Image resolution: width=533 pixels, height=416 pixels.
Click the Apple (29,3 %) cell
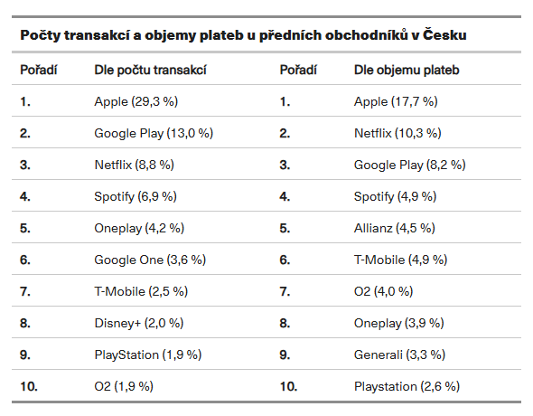tap(136, 101)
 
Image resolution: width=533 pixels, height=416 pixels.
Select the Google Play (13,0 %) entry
tap(154, 133)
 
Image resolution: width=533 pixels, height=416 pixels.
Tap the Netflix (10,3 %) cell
tap(397, 133)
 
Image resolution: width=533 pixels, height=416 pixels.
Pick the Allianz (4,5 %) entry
tap(394, 228)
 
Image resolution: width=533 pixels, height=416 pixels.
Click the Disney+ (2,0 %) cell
tap(139, 323)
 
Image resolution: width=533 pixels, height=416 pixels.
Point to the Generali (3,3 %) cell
tap(399, 355)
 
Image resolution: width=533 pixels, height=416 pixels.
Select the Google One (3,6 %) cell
tap(150, 260)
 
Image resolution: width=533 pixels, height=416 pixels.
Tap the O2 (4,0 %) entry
tap(383, 291)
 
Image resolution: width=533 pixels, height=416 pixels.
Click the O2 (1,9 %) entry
tap(124, 386)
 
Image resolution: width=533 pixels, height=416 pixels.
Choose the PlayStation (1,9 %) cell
tap(148, 355)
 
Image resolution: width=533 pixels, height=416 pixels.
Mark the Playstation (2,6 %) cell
tap(407, 386)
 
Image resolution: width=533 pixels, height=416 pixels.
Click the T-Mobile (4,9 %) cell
tap(400, 260)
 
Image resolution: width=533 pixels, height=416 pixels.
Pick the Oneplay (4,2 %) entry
tap(139, 228)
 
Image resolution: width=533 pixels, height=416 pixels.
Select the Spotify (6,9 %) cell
tap(136, 196)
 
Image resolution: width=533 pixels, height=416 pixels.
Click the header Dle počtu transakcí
tap(150, 70)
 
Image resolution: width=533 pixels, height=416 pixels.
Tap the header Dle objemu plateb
tap(407, 70)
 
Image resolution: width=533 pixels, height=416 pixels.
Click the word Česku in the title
tap(444, 34)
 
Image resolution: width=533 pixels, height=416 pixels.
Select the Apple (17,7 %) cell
tap(396, 101)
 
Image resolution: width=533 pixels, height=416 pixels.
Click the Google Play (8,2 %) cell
tap(409, 165)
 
